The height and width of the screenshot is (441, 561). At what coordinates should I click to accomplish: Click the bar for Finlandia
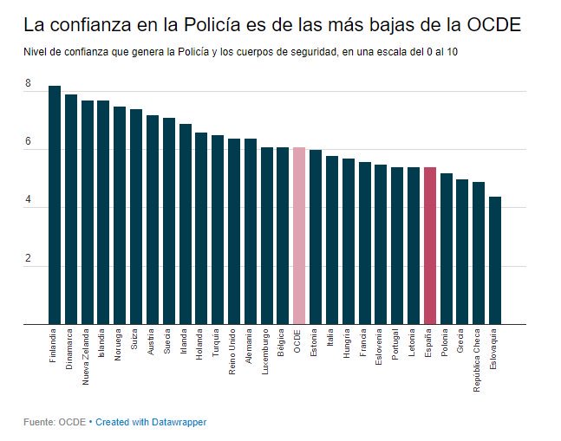55,204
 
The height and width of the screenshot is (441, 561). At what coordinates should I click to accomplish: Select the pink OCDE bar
299,236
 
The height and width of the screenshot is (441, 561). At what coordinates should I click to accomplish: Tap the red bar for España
430,246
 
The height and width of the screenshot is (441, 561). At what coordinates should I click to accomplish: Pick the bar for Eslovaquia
495,261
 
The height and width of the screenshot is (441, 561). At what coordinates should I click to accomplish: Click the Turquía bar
218,230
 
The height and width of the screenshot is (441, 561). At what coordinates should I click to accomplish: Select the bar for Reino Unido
234,231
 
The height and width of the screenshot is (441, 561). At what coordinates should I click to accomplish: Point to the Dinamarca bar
71,210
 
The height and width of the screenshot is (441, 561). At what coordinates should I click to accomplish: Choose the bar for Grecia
462,252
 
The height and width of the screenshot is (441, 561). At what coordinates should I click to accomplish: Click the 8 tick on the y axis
28,83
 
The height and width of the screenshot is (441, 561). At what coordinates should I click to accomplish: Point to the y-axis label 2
28,258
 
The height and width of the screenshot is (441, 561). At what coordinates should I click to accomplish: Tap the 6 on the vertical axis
28,141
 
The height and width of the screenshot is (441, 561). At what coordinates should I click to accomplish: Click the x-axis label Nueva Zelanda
86,357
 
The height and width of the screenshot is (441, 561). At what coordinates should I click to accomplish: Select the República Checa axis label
477,360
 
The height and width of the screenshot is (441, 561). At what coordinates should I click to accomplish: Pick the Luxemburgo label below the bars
264,352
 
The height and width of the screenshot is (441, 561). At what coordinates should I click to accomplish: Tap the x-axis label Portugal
395,345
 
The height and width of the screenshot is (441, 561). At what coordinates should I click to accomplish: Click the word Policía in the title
212,24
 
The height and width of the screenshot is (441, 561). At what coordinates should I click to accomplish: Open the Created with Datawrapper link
151,422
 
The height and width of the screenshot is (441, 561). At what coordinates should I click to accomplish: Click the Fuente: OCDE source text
55,422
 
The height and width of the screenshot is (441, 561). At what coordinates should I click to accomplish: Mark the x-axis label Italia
329,337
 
